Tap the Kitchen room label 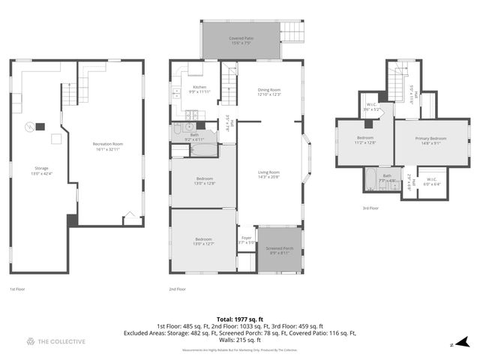[x=189, y=88]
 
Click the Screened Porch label [x=281, y=250]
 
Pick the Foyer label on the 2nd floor [x=246, y=239]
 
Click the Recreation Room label [x=107, y=145]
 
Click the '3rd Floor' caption [x=370, y=208]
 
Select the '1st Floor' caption [x=18, y=289]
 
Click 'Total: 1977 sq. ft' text [x=239, y=319]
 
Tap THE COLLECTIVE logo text [x=61, y=341]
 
